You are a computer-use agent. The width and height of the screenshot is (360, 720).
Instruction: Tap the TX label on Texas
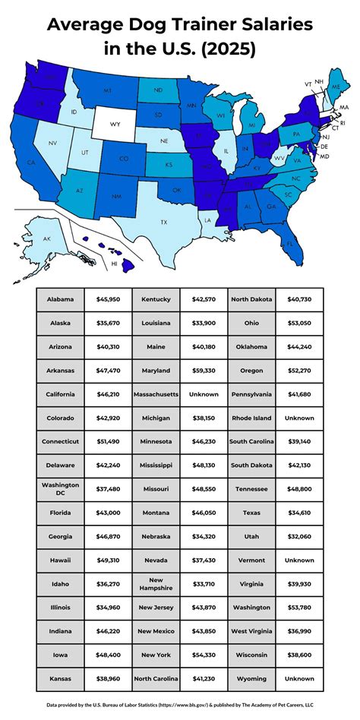pyautogui.click(x=163, y=222)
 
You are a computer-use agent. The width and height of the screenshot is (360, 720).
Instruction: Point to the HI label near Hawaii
pyautogui.click(x=114, y=264)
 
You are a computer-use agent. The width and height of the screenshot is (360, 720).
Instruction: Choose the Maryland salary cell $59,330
pyautogui.click(x=204, y=371)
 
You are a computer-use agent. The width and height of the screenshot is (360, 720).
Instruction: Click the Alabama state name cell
pyautogui.click(x=60, y=299)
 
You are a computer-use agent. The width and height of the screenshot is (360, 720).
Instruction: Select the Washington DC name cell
pyautogui.click(x=60, y=489)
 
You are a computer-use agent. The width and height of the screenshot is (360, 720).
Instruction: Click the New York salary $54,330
pyautogui.click(x=204, y=653)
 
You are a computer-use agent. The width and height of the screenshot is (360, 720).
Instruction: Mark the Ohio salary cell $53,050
pyautogui.click(x=299, y=323)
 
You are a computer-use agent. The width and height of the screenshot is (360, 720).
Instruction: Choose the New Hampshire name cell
pyautogui.click(x=156, y=583)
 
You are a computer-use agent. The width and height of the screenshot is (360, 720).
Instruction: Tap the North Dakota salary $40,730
pyautogui.click(x=299, y=299)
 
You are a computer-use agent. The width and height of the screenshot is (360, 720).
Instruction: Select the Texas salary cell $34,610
pyautogui.click(x=299, y=512)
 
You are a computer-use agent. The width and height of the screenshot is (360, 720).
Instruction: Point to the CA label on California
pyautogui.click(x=31, y=162)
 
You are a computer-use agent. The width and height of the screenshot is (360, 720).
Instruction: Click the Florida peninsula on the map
pyautogui.click(x=289, y=243)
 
